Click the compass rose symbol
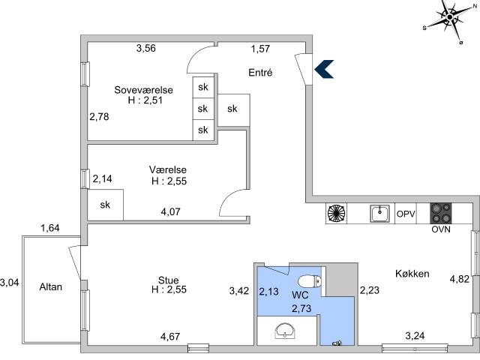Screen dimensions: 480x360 [449, 18]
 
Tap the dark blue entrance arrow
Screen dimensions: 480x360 [324, 69]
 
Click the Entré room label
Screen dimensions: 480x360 [260, 73]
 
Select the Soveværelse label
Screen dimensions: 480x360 [143, 90]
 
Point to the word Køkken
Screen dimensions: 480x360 [412, 273]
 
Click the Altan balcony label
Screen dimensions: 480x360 [51, 286]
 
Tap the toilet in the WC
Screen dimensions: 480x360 [310, 281]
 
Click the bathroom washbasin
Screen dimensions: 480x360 [285, 330]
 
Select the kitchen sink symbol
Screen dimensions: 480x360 [380, 213]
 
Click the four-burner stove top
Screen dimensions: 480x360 [441, 213]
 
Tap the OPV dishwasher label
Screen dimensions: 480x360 [406, 214]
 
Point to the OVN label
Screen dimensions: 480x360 [441, 229]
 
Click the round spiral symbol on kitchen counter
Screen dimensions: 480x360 [337, 213]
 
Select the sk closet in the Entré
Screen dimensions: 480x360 [232, 109]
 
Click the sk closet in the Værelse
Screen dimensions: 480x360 [105, 205]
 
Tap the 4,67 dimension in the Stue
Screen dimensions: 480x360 [170, 337]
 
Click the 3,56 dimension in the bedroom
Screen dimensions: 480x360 [146, 48]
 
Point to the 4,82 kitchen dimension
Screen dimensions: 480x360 [460, 279]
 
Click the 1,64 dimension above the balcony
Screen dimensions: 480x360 [50, 228]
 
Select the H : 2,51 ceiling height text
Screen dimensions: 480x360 [145, 100]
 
